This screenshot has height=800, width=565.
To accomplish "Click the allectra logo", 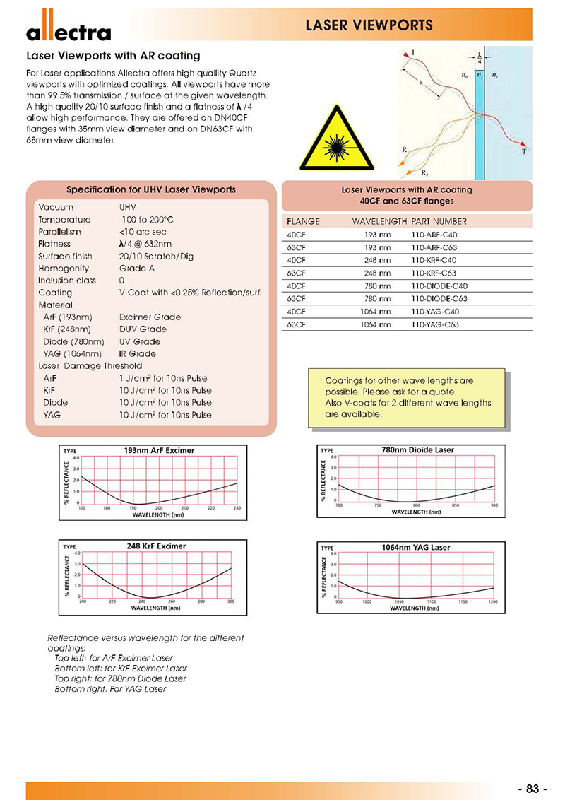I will click(69, 30).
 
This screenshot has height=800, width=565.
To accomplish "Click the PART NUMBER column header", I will click(439, 221).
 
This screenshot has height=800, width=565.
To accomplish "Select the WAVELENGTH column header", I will click(379, 221).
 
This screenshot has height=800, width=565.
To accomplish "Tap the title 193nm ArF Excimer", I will click(159, 450).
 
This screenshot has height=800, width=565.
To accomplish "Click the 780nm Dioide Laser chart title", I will click(416, 449).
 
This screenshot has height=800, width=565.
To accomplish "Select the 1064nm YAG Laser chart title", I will click(415, 547).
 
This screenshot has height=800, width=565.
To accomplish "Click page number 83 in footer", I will click(533, 789).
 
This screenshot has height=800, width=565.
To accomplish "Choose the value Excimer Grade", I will click(150, 317).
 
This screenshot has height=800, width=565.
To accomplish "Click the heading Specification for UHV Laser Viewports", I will click(151, 190).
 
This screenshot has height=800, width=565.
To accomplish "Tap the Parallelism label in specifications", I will click(60, 232).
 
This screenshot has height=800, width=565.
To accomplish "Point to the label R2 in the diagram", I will click(424, 172).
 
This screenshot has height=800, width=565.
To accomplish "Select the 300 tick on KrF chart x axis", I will click(231, 601).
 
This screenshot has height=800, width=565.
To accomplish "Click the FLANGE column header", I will click(304, 221).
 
